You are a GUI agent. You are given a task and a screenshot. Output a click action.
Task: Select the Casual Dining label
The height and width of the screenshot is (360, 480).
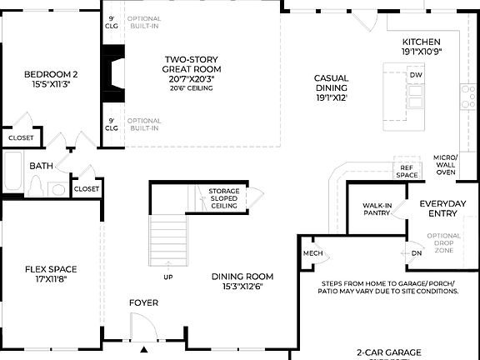coord(331,87)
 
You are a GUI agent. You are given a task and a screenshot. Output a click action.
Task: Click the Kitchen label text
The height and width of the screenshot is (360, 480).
coord(421,47)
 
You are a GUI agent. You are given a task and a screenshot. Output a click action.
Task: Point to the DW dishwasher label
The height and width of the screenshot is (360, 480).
coord(416,75)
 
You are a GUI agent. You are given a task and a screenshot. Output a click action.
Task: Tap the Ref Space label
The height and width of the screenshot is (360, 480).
coord(406,172)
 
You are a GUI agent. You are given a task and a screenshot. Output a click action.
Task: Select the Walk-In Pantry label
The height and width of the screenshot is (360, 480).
coord(377,209)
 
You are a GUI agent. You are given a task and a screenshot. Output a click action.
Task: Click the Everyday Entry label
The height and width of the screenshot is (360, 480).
coord(443,208)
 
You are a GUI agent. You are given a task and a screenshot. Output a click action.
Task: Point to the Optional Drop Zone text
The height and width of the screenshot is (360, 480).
coord(443,242)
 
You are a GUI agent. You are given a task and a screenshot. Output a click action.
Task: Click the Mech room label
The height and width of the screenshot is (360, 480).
coord(312,253)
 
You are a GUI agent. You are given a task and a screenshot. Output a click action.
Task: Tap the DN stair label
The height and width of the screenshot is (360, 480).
coord(417,253)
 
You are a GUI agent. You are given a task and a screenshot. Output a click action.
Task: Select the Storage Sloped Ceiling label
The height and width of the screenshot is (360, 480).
coord(223,198)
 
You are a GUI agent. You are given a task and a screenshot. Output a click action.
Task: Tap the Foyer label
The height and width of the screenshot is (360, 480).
coord(143,302)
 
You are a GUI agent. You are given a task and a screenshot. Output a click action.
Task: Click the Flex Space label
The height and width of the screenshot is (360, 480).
coord(51,274)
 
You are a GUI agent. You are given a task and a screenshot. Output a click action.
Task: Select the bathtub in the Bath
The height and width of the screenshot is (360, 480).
coord(13,173)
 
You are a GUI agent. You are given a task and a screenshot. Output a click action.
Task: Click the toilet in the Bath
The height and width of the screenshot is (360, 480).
coord(36,187)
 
